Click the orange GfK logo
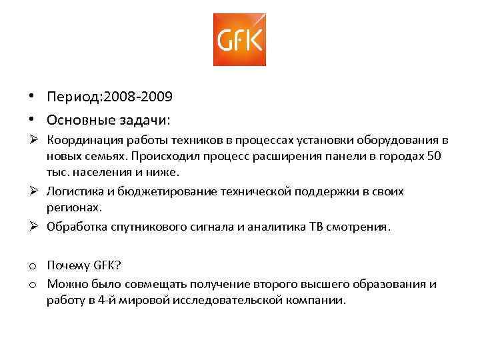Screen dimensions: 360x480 pos(239,39)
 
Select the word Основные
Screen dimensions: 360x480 pos(75,120)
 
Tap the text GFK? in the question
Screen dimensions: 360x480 pos(104,265)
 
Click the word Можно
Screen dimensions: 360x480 pos(64,285)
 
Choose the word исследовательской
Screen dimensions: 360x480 pos(240,300)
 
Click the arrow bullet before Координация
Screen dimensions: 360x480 pos(33,140)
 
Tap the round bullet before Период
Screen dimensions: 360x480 pos(32,96)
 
